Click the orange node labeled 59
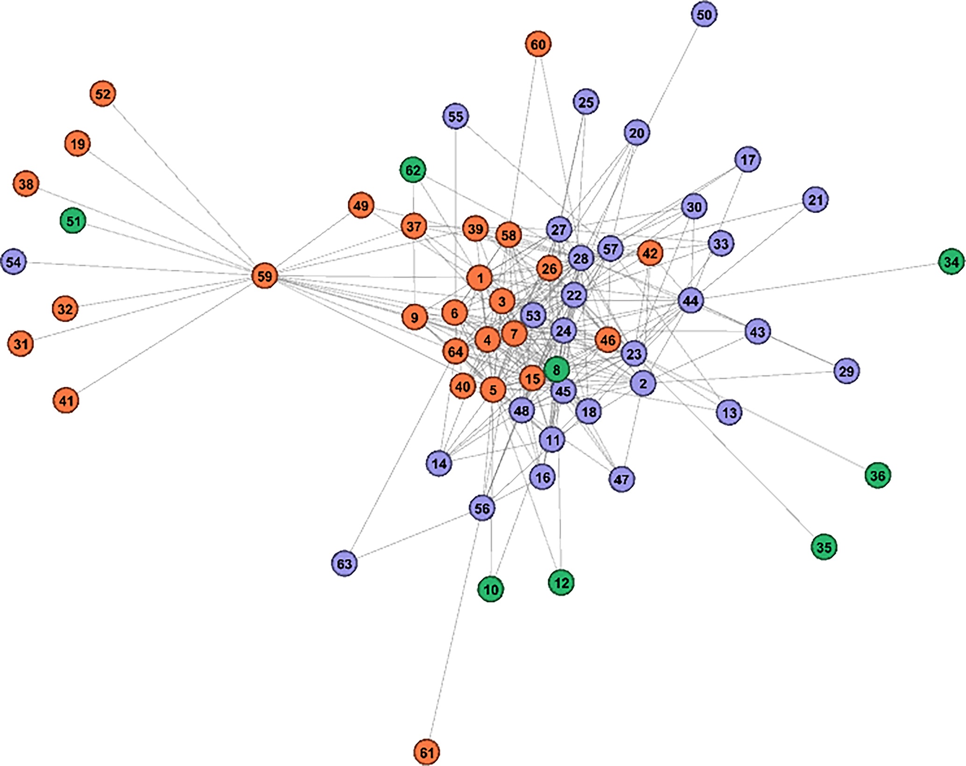pos(265,276)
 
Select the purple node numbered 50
pos(704,14)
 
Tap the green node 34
pos(951,261)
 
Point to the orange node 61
pos(427,752)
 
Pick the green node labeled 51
pos(73,221)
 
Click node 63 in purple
pos(344,563)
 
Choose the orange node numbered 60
pos(538,44)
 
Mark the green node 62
pos(413,170)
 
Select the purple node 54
pos(14,261)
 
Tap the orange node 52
pos(103,93)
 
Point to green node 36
pos(878,475)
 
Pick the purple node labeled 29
pos(846,371)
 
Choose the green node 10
pos(491,589)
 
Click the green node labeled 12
pos(561,582)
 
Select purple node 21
pos(816,200)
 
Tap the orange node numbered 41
pos(66,400)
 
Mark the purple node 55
pos(456,116)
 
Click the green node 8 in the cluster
pos(557,370)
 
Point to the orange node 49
pos(361,205)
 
